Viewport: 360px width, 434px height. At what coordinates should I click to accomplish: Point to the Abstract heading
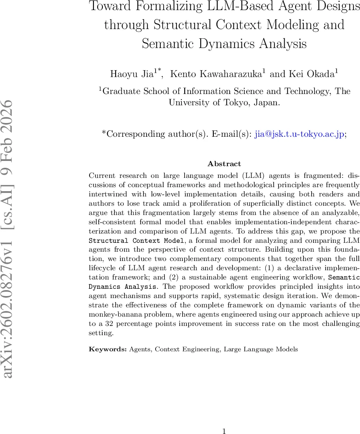click(224, 164)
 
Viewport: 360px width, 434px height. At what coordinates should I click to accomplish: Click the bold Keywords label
click(108, 349)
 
